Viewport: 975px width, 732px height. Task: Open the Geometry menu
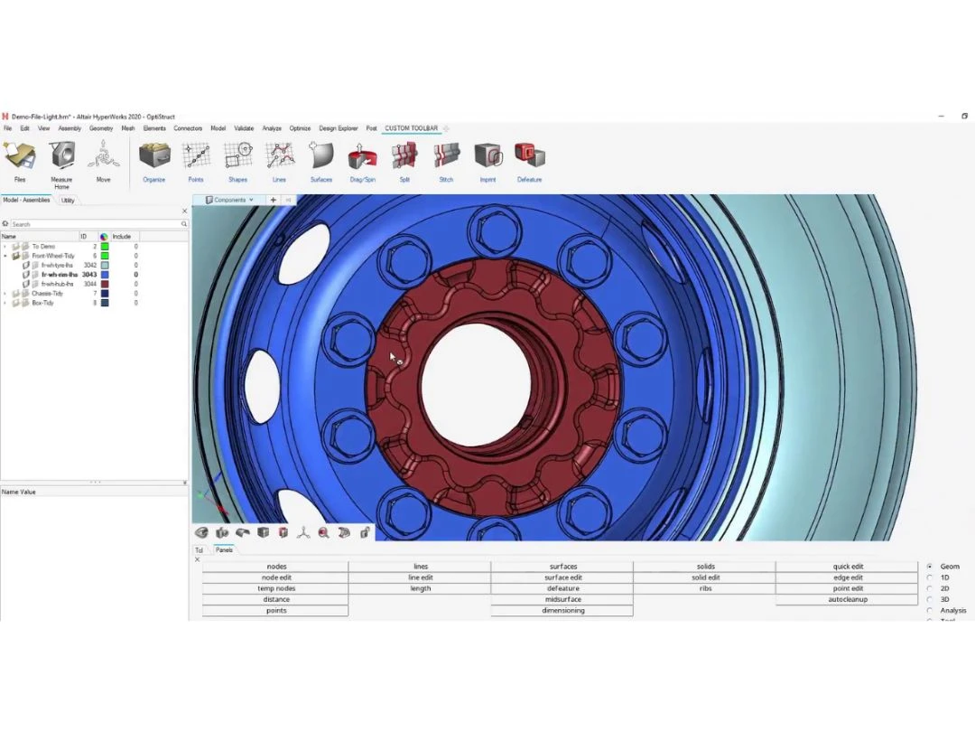pyautogui.click(x=101, y=128)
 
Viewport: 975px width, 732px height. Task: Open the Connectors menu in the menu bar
pyautogui.click(x=188, y=128)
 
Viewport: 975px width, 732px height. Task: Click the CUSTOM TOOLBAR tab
pyautogui.click(x=411, y=128)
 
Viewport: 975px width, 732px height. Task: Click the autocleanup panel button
pyautogui.click(x=847, y=599)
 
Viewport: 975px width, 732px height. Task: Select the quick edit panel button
pyautogui.click(x=847, y=567)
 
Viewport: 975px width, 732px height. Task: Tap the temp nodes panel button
pyautogui.click(x=276, y=588)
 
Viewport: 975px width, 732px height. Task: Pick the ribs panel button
pyautogui.click(x=705, y=588)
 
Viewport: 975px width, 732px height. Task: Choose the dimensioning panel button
pyautogui.click(x=562, y=610)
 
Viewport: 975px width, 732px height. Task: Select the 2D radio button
pyautogui.click(x=930, y=588)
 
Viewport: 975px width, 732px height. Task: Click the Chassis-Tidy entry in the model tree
pyautogui.click(x=48, y=294)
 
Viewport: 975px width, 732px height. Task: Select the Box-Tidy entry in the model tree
pyautogui.click(x=42, y=303)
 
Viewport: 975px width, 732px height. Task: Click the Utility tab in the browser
pyautogui.click(x=69, y=201)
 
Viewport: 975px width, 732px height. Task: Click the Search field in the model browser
pyautogui.click(x=95, y=224)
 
